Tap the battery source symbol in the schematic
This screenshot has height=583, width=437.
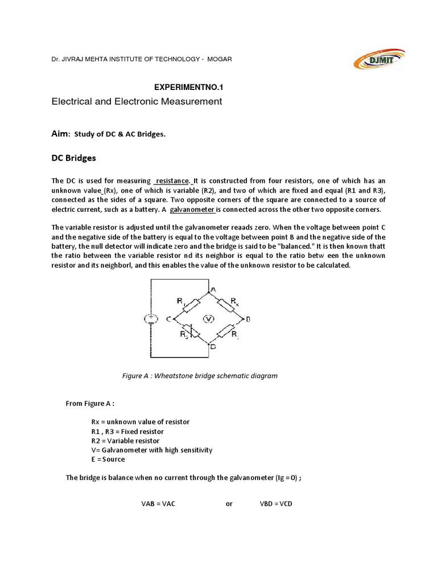(151, 318)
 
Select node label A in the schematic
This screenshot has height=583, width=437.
(213, 289)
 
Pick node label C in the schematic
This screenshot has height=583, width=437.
(169, 319)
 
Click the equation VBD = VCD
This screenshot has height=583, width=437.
(272, 504)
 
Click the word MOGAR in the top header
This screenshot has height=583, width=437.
(218, 59)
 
